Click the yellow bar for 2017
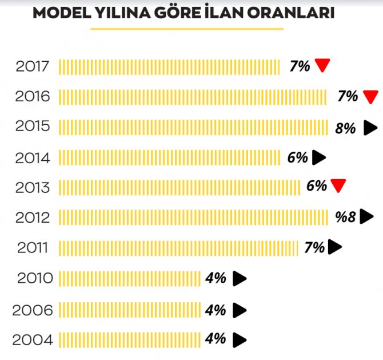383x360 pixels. coord(169,66)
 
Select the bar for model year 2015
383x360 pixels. coord(193,127)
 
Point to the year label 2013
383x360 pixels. coord(33,187)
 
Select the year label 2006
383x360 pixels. coord(33,311)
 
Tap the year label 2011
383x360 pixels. coord(33,248)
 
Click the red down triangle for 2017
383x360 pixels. coord(323,66)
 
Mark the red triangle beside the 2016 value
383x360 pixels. coord(371,96)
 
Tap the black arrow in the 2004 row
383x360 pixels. coord(240,339)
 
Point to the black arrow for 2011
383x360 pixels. coord(336,247)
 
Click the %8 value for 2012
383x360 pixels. coord(346,217)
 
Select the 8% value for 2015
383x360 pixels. coord(346,128)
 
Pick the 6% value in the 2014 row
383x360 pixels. coord(298,157)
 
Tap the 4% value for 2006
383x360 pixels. coord(216,310)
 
